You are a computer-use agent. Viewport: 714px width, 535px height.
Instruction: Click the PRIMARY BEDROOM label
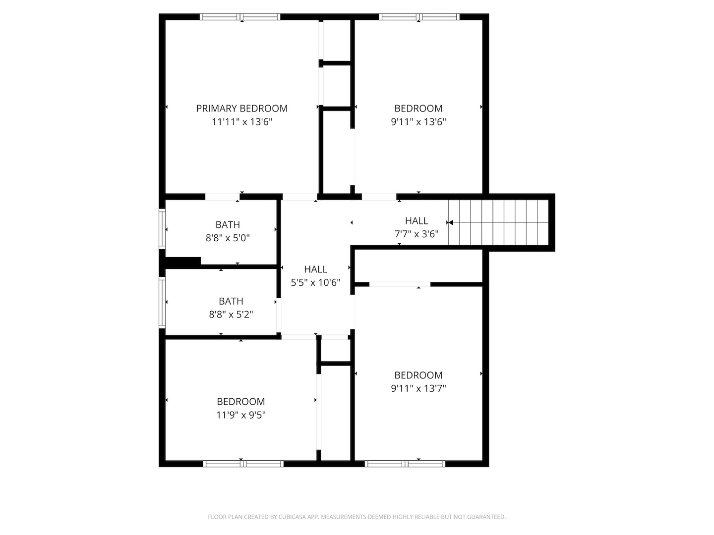coord(241,108)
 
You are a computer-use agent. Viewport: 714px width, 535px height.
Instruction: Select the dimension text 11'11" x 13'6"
coord(241,122)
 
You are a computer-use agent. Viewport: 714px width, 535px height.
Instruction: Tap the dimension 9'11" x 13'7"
coord(418,388)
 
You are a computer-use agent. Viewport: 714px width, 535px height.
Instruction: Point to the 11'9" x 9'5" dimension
coord(240,415)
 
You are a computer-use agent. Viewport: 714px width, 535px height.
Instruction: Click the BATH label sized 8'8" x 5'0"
coord(228,225)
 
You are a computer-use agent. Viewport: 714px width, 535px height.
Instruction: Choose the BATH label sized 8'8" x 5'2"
coord(231,301)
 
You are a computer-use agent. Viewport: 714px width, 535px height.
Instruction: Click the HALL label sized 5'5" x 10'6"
coord(315,269)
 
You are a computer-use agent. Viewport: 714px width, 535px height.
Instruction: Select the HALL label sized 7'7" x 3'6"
coord(416,221)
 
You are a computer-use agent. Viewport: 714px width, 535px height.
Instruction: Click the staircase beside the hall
coord(498,222)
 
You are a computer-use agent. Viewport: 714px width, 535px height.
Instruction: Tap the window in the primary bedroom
coord(240,17)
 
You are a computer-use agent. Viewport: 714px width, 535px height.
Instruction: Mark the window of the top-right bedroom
coord(419,17)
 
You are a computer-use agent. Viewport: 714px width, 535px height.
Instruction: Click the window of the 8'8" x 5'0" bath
coord(162,229)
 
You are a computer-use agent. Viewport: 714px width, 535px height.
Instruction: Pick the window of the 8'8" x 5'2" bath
coord(162,302)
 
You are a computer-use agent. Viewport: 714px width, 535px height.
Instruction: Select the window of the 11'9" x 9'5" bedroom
coord(243,464)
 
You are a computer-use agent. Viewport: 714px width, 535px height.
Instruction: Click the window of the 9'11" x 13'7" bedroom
coord(405,464)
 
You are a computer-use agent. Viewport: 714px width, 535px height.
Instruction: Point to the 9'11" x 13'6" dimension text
coord(418,122)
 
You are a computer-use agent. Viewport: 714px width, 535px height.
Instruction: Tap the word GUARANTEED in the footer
coord(486,517)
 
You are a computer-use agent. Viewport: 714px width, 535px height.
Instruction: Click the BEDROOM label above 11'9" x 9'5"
coord(240,402)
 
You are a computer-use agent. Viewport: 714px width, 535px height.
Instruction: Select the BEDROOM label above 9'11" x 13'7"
coord(418,375)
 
